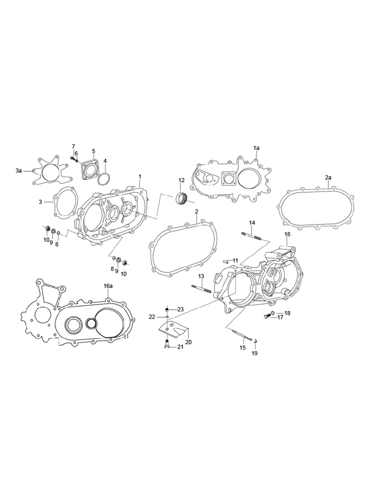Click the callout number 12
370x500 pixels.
coord(181,180)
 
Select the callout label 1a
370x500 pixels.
coord(256,148)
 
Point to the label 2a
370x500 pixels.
coord(328,178)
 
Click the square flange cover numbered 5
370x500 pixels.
coord(91,169)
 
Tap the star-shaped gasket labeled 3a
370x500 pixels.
coord(51,171)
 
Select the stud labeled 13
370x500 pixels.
coord(201,288)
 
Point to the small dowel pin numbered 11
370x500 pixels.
coord(225,262)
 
